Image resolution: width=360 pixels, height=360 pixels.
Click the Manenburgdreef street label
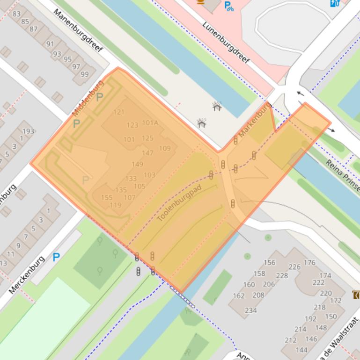[78, 30]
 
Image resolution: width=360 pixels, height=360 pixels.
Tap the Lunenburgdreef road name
[226, 43]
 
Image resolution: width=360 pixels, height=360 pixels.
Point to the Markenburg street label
[255, 121]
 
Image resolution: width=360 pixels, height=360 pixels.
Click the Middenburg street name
[88, 99]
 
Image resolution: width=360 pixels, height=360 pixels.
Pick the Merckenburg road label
[27, 274]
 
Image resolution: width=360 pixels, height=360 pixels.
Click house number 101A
[150, 123]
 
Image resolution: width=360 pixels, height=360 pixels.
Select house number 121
[119, 112]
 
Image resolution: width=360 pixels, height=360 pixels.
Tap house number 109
[165, 149]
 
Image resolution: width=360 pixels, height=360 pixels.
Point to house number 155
[107, 198]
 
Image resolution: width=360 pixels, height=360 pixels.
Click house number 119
[115, 205]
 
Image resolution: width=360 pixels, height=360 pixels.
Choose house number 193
[29, 131]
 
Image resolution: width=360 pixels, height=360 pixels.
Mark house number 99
[84, 74]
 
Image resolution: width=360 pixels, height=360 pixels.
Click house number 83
[17, 14]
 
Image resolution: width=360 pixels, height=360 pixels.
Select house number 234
[250, 310]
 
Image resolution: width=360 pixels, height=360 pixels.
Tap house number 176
[309, 263]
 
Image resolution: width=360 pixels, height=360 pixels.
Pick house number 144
[301, 350]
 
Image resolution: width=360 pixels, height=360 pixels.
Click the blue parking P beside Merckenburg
[56, 257]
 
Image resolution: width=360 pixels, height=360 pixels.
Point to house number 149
[137, 164]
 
